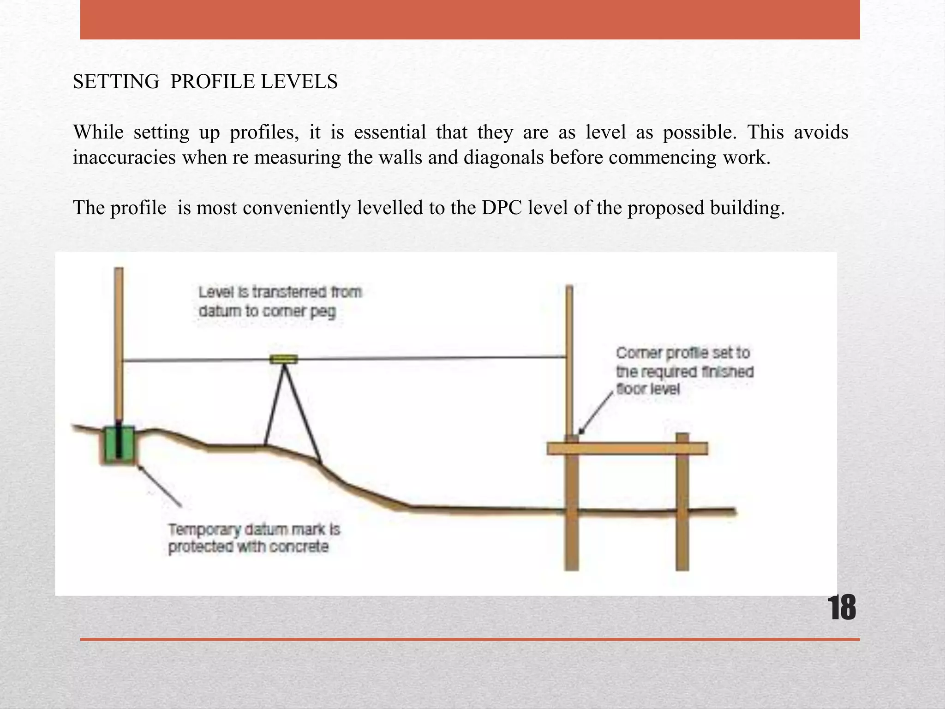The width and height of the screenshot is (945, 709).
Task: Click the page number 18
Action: [842, 608]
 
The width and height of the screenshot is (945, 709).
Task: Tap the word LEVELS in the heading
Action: [299, 82]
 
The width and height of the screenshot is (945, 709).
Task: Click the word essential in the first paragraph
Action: [390, 132]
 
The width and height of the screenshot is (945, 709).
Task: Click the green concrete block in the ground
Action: [119, 445]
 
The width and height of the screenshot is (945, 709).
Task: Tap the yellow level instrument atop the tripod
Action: [284, 359]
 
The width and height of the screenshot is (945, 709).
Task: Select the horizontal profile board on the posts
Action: [627, 448]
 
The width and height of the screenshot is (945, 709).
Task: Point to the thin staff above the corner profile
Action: [569, 360]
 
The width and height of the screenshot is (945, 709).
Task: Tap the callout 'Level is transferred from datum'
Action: [280, 301]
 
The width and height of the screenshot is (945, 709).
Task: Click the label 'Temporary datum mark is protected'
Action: [253, 538]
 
